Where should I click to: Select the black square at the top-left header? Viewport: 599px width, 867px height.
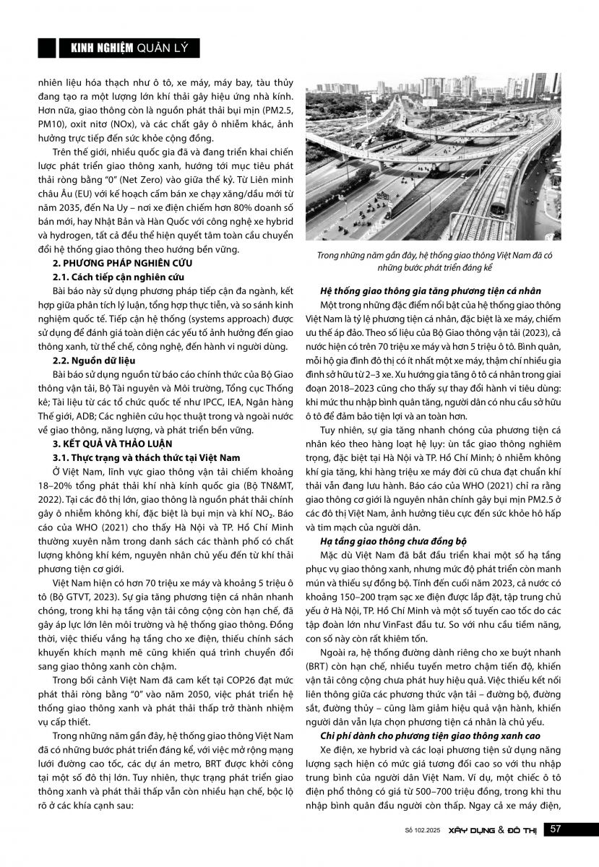click(x=46, y=48)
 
